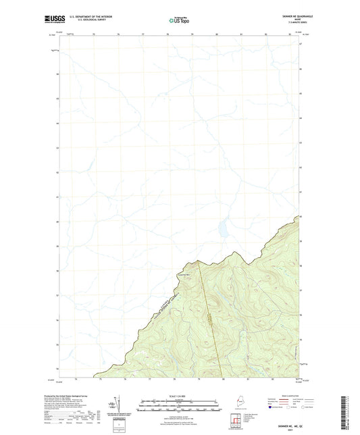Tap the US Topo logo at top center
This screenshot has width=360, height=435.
point(180,21)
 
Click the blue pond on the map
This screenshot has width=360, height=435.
point(220,230)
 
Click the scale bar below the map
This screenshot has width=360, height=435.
point(180,408)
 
